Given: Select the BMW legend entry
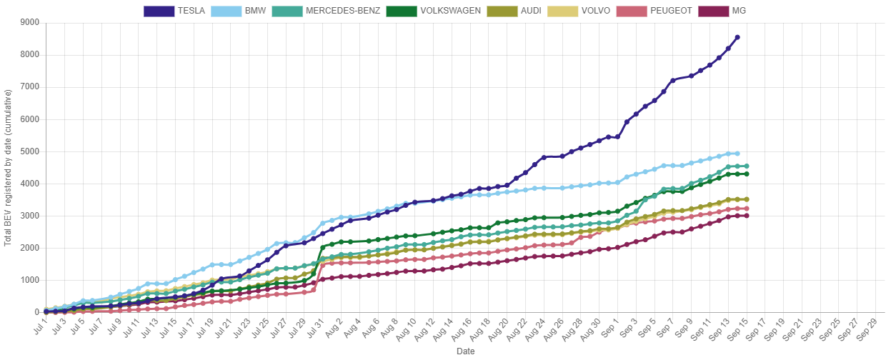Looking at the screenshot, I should pyautogui.click(x=239, y=11).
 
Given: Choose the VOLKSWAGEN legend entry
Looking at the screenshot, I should pyautogui.click(x=433, y=11).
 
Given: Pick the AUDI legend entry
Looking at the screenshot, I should pyautogui.click(x=517, y=11).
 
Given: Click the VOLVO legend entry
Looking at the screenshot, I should pyautogui.click(x=578, y=11).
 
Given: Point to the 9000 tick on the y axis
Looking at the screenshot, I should pyautogui.click(x=29, y=22).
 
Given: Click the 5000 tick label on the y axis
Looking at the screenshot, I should pyautogui.click(x=29, y=151).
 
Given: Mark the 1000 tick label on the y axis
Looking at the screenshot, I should pyautogui.click(x=29, y=280).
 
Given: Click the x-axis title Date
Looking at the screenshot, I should pyautogui.click(x=465, y=351).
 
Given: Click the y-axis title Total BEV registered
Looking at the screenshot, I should pyautogui.click(x=8, y=169).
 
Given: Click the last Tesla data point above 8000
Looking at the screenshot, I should pyautogui.click(x=737, y=37).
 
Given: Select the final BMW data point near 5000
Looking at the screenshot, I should pyautogui.click(x=737, y=154).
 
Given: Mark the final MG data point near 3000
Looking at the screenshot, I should pyautogui.click(x=746, y=215).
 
